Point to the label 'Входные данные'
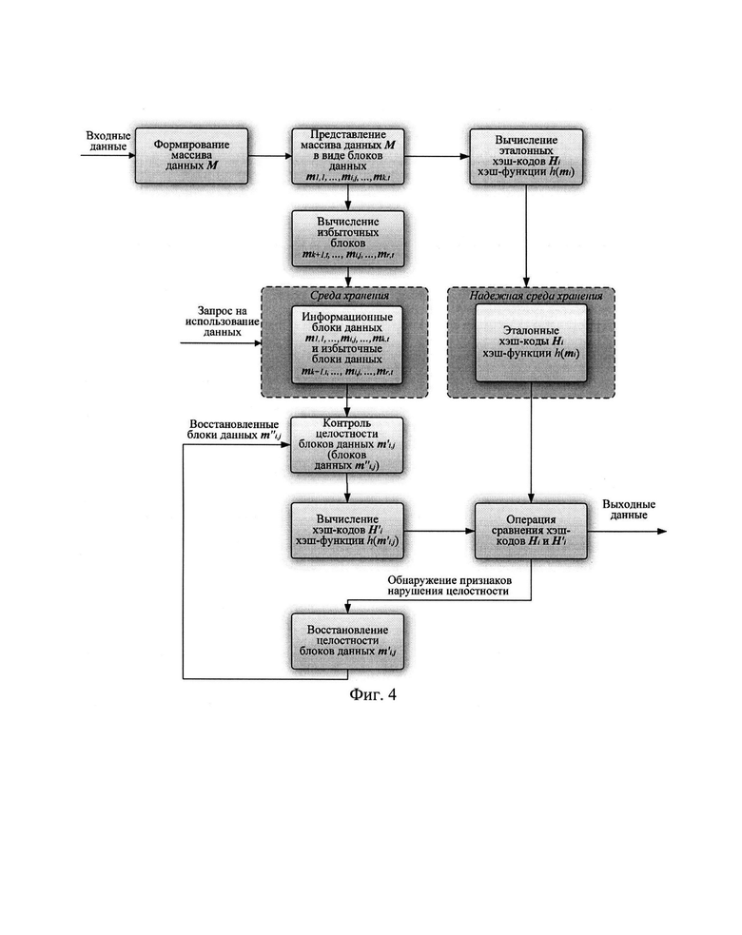coord(107,143)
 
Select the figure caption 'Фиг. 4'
coord(373,695)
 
